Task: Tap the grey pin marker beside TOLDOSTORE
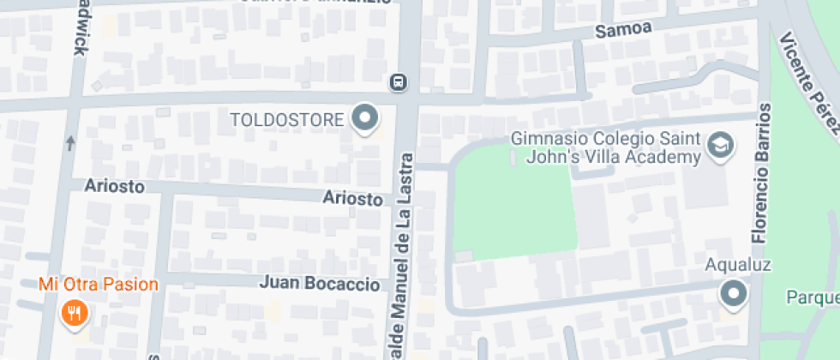pyautogui.click(x=366, y=118)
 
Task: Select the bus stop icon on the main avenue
pyautogui.click(x=398, y=82)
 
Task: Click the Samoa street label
pyautogui.click(x=623, y=29)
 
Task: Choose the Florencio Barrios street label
pyautogui.click(x=761, y=171)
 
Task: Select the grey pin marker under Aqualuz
pyautogui.click(x=734, y=295)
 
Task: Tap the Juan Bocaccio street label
pyautogui.click(x=319, y=283)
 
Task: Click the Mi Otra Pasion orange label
pyautogui.click(x=98, y=284)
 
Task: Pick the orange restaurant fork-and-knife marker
pyautogui.click(x=75, y=313)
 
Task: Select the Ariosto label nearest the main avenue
pyautogui.click(x=352, y=199)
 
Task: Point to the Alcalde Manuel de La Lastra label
pyautogui.click(x=403, y=257)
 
